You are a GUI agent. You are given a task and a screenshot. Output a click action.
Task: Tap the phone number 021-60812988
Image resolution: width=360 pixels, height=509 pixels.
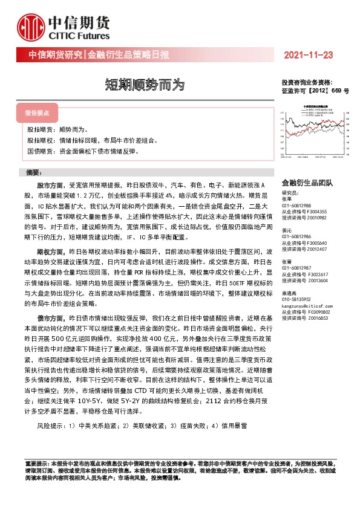point(297,206)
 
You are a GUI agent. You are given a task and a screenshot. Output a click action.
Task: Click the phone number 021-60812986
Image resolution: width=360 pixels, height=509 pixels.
point(297,236)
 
